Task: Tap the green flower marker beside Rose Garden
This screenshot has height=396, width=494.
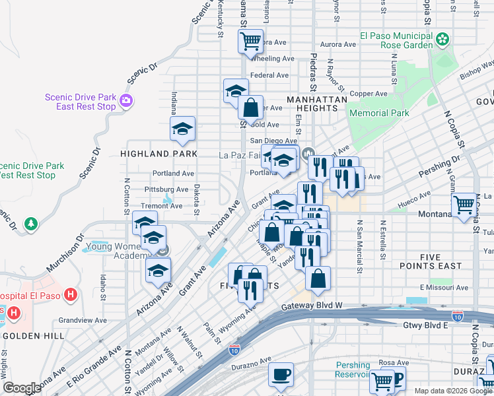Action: click(443, 41)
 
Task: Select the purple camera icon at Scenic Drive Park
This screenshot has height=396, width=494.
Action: click(126, 102)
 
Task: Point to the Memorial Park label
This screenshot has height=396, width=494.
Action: click(379, 113)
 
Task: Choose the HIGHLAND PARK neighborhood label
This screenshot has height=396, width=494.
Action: click(159, 153)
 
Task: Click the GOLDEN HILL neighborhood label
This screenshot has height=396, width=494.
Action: click(33, 335)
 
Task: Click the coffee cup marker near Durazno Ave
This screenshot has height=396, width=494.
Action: click(281, 375)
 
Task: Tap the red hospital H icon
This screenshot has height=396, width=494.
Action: click(72, 294)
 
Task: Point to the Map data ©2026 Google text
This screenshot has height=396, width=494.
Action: click(452, 391)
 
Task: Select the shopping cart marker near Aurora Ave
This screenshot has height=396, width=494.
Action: click(250, 41)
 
